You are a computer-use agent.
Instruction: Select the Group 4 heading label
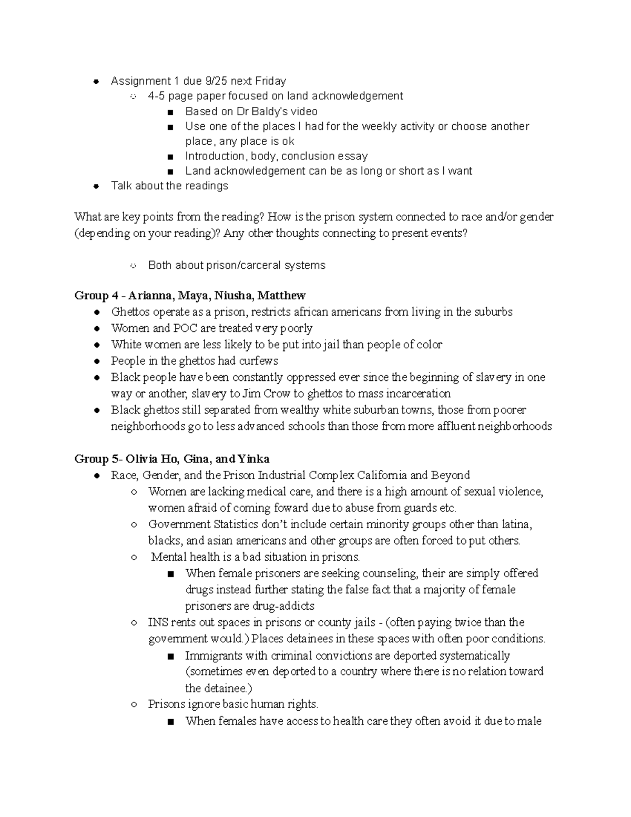point(91,296)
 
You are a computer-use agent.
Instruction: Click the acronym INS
point(158,622)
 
